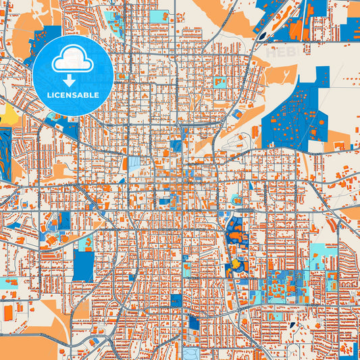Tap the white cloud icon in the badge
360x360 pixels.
tap(73, 61)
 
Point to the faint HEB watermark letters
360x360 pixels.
tap(280, 51)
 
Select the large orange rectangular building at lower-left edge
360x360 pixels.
tap(8, 313)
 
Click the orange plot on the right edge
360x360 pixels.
tap(351, 213)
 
